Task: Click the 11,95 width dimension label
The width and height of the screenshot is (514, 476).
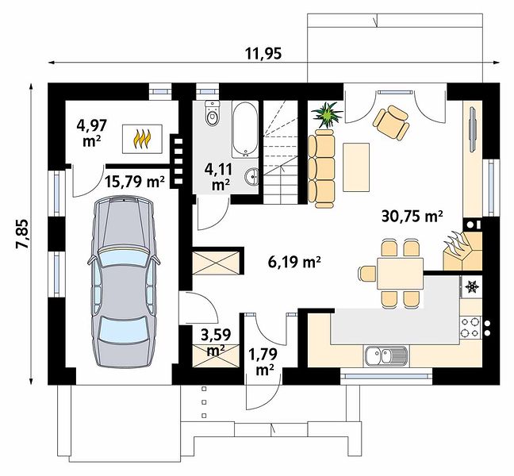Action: pyautogui.click(x=263, y=53)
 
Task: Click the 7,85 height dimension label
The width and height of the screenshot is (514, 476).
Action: pyautogui.click(x=23, y=234)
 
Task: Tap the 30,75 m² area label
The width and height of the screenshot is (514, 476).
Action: pyautogui.click(x=412, y=217)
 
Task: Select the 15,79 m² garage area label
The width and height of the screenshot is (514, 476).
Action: pyautogui.click(x=135, y=181)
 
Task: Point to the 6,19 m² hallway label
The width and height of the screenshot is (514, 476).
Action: pyautogui.click(x=294, y=262)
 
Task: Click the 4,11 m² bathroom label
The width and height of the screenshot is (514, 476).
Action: pyautogui.click(x=219, y=177)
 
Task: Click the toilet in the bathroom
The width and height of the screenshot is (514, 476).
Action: pyautogui.click(x=212, y=113)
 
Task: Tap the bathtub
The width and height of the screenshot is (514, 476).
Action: pyautogui.click(x=245, y=129)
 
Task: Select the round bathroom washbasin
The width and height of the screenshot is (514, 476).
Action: pyautogui.click(x=251, y=177)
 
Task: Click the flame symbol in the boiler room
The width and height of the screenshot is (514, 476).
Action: pyautogui.click(x=142, y=139)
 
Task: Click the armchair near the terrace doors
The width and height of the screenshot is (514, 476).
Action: pyautogui.click(x=392, y=123)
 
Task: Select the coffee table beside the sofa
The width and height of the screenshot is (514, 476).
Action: pyautogui.click(x=356, y=167)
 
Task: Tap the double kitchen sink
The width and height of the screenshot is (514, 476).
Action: pyautogui.click(x=385, y=356)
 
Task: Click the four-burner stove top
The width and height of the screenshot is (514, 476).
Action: pyautogui.click(x=470, y=327)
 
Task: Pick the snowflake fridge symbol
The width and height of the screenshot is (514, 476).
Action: pyautogui.click(x=472, y=286)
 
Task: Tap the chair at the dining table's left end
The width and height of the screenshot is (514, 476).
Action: pyautogui.click(x=367, y=274)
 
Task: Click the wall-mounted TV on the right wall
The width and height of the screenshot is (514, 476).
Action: pyautogui.click(x=474, y=129)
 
